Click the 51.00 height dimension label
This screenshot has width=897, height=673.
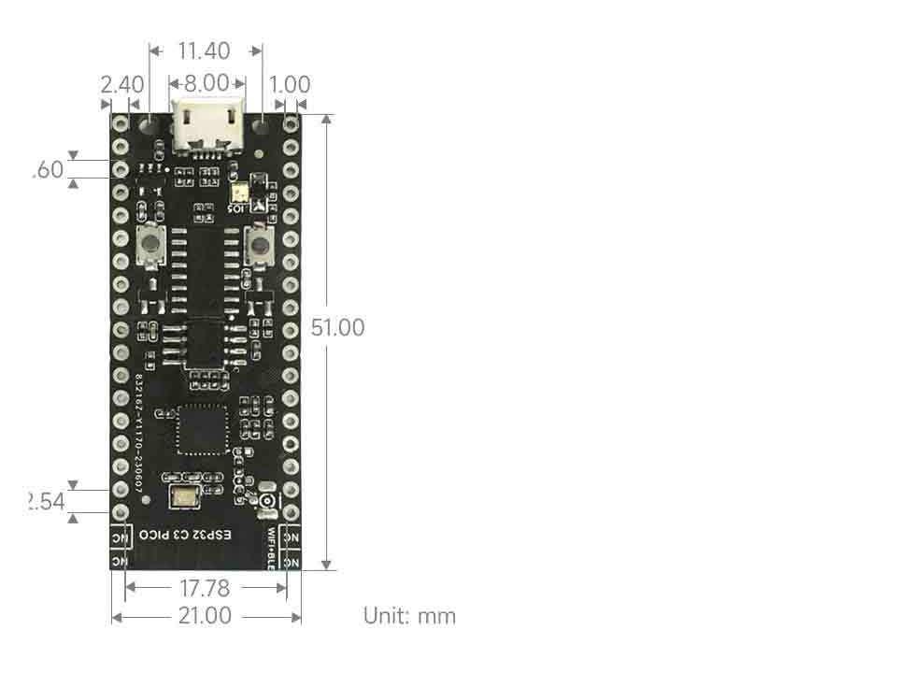[338, 328]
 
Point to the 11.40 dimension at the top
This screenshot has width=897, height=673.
[205, 50]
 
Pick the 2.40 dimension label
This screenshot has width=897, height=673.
[121, 85]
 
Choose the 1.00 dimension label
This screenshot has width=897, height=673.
[289, 85]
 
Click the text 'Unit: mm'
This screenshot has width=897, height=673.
[409, 616]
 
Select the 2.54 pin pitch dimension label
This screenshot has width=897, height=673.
[47, 502]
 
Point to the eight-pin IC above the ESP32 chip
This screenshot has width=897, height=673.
[206, 343]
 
